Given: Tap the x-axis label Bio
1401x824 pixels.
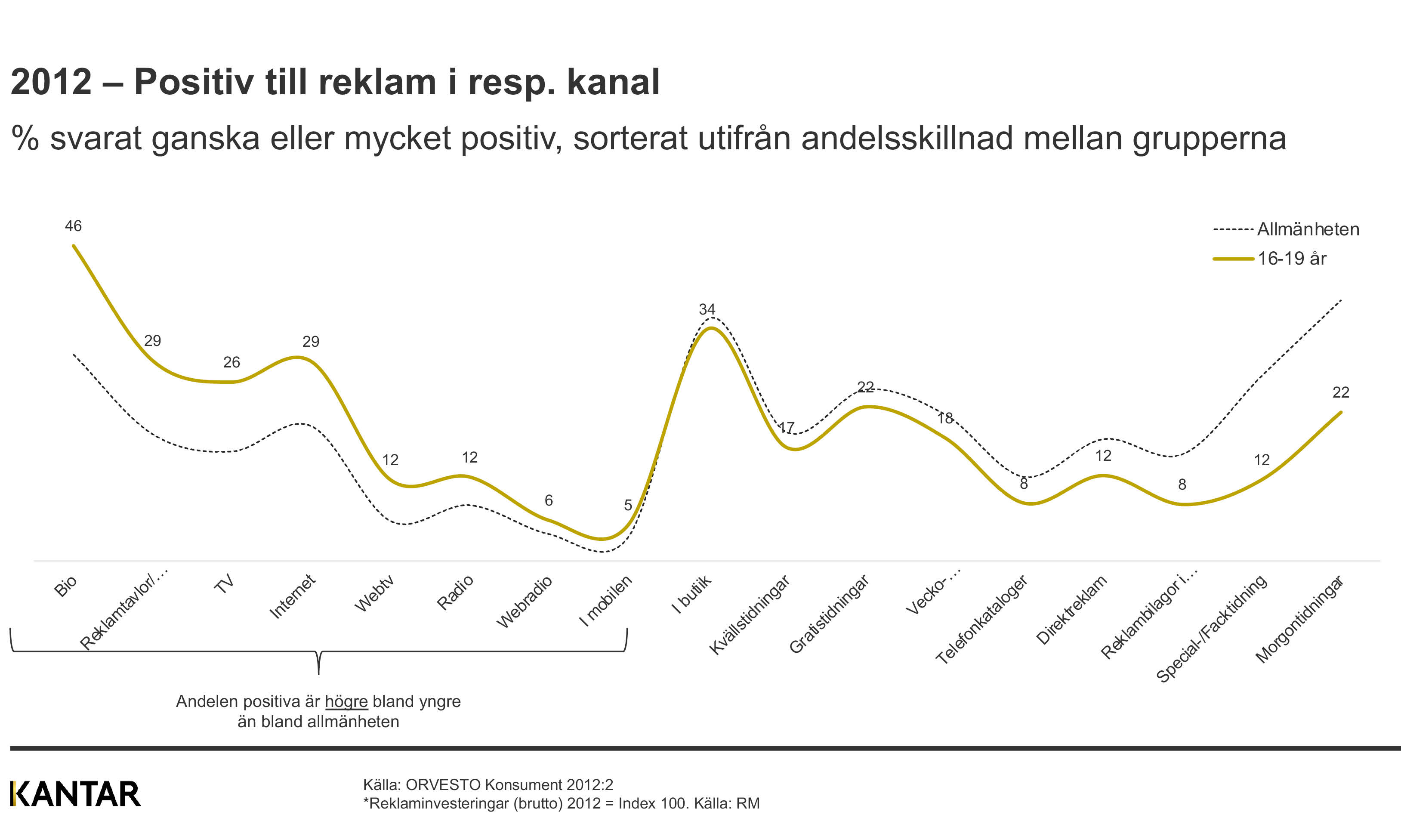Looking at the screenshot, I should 65,586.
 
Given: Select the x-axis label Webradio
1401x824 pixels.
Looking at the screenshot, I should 524,602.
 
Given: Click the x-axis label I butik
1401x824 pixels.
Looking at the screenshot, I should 691,594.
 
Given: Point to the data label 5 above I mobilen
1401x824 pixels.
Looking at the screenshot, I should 628,505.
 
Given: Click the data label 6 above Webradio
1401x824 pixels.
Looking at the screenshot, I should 548,500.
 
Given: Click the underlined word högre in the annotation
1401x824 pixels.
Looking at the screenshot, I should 346,702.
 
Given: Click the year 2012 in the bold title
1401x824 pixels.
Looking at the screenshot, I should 51,82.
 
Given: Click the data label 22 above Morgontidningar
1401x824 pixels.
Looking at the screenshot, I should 1340,392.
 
